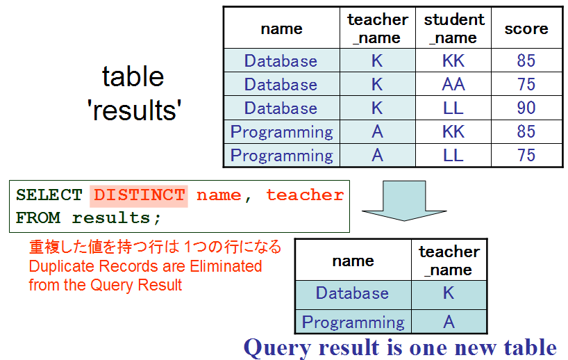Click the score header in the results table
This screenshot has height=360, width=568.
coord(526,28)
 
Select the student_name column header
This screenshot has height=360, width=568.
coord(454,28)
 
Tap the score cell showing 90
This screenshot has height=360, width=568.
coord(526,108)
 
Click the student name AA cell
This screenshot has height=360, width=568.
coord(453,84)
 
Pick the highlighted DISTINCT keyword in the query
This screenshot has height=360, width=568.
coord(139,195)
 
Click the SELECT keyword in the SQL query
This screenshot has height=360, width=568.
coord(49,195)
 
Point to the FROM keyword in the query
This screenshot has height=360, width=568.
coord(38,218)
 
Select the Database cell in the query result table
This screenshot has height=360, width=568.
coord(352,293)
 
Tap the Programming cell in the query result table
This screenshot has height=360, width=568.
coord(353,322)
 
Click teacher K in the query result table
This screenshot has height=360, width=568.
coord(449,293)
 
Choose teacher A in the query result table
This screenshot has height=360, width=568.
coord(449,322)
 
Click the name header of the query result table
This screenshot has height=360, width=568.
coord(353,261)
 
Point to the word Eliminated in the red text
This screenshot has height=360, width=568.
coord(226,266)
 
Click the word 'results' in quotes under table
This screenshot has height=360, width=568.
coord(134,111)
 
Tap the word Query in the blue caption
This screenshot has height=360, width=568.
coord(277,348)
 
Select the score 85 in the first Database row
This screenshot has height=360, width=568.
coord(526,60)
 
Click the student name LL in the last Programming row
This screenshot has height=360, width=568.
coord(453,155)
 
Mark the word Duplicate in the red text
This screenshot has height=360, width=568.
coord(62,266)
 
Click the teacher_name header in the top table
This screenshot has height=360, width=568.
coord(378,28)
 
